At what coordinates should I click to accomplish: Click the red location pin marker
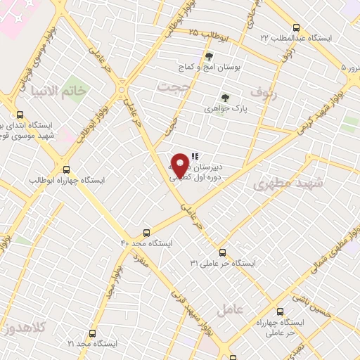coord(181,165)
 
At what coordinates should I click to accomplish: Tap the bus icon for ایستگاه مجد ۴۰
coord(146,233)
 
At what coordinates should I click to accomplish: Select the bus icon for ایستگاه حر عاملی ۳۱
coord(222,252)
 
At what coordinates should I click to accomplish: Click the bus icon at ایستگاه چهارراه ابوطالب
coord(67,169)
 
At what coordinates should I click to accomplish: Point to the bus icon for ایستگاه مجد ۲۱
coord(92,333)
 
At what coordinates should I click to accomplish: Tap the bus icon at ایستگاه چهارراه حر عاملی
coord(280,311)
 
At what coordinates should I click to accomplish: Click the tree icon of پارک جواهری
coord(225,98)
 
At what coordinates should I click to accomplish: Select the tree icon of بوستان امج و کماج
coord(208,56)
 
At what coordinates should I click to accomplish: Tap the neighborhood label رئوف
coord(264,92)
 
